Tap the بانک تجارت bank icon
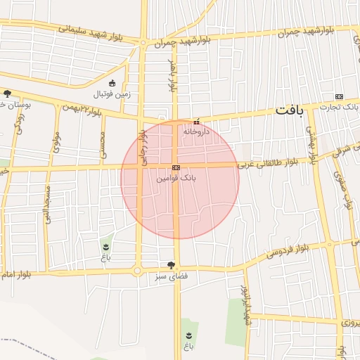pyautogui.click(x=340, y=97)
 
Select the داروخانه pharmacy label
pyautogui.click(x=196, y=131)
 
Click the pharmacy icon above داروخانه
pyautogui.click(x=196, y=121)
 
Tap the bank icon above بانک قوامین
pyautogui.click(x=176, y=168)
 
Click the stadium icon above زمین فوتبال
pyautogui.click(x=112, y=83)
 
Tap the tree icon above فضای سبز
pyautogui.click(x=171, y=265)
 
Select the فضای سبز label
pyautogui.click(x=171, y=276)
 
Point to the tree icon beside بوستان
pyautogui.click(x=7, y=94)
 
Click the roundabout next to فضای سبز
pyautogui.click(x=137, y=271)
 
